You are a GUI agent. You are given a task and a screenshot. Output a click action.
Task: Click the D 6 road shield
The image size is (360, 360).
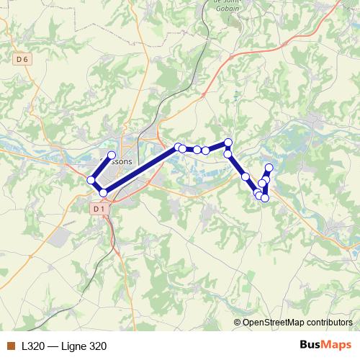21,60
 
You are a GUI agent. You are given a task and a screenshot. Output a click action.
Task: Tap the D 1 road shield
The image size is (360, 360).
99,209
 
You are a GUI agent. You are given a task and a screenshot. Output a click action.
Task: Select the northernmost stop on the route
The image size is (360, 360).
228,143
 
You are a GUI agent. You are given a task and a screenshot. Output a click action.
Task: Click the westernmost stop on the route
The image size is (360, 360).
91,180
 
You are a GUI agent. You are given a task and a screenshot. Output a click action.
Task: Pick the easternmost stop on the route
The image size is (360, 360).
269,168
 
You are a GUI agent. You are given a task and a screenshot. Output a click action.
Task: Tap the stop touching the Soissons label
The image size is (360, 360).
112,156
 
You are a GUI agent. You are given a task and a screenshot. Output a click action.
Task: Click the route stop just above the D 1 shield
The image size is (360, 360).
104,192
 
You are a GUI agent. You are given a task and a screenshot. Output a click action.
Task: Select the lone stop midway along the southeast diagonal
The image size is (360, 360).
246,176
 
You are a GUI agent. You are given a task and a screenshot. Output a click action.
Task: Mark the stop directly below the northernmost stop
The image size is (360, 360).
228,153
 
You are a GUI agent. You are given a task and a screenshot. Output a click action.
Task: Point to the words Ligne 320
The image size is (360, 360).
85,346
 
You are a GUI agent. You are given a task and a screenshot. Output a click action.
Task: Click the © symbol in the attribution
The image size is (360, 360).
238,323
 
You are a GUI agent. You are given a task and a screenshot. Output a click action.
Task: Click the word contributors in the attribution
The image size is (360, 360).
328,323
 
